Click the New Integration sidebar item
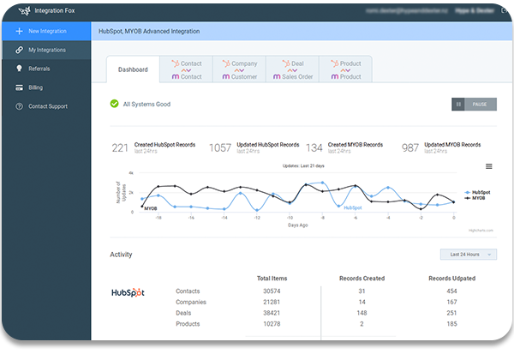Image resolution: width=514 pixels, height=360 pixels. tap(46, 31)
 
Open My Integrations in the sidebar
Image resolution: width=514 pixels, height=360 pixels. tap(47, 50)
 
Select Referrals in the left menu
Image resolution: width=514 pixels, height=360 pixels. tap(39, 69)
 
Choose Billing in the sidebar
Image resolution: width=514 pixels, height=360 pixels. tap(35, 87)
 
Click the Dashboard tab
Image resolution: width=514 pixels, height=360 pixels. tap(133, 69)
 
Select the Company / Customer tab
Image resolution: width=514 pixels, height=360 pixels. tap(239, 69)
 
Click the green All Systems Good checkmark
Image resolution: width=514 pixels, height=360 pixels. tap(115, 104)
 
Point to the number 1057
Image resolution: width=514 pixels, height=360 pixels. tap(220, 147)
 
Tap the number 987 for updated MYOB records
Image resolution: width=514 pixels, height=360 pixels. tap(411, 147)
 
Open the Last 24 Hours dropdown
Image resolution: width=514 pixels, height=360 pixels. tap(470, 254)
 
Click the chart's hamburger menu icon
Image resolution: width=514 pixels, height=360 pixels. tap(489, 166)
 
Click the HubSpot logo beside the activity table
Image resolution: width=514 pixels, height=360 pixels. tap(128, 292)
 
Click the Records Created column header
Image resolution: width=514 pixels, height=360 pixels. tap(362, 279)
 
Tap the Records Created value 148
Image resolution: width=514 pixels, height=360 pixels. tap(362, 313)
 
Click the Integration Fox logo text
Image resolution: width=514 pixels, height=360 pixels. tap(53, 10)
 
